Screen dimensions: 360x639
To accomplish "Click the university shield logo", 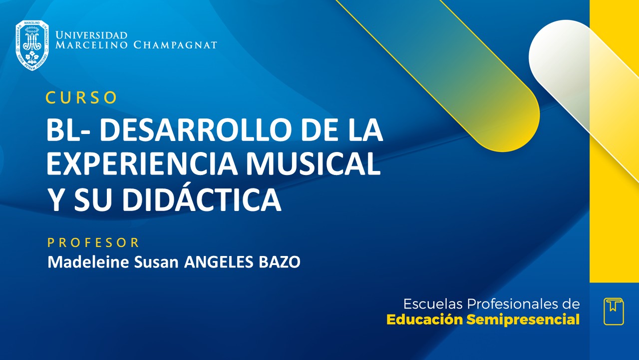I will tap(32, 45).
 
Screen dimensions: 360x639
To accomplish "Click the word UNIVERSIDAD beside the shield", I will tap(91, 35).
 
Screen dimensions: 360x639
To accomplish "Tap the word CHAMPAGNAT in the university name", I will tap(175, 45).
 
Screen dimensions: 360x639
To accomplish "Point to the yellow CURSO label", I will tap(81, 98).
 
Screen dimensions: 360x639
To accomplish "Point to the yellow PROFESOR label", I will tap(93, 243).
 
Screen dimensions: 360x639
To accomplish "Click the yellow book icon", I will tap(614, 310).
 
